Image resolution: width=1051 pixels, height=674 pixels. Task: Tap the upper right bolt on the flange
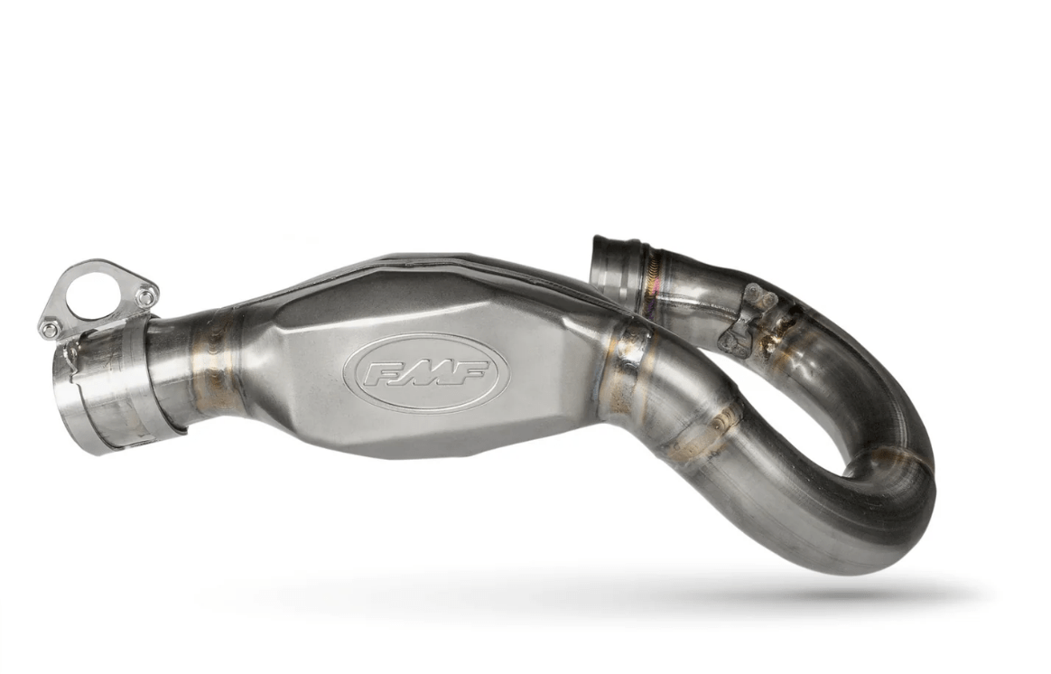[145, 295]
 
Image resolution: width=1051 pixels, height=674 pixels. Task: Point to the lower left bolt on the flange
[48, 327]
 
